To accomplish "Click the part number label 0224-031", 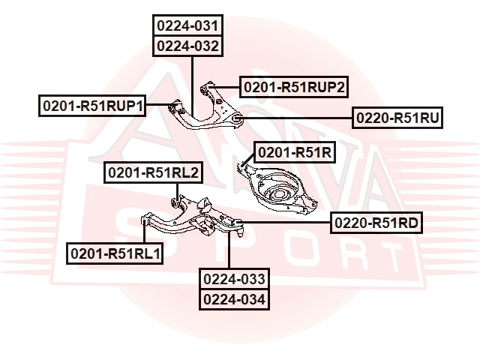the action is (188, 25).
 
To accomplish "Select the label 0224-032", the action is (188, 46).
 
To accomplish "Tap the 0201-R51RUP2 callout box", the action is (294, 87).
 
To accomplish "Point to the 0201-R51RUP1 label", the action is (92, 106).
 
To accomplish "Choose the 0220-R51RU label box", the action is (397, 118).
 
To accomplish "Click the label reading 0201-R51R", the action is (295, 152).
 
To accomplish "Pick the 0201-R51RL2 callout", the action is (153, 172).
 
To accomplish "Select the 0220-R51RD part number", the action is (376, 223).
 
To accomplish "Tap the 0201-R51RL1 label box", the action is (115, 253).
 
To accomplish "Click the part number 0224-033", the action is (234, 279).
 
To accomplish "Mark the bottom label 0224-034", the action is (234, 299).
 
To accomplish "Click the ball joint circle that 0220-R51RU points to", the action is (237, 118).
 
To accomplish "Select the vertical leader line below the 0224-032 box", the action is (193, 86).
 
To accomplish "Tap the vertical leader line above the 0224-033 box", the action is (229, 250).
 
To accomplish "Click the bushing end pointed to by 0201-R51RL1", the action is (144, 220).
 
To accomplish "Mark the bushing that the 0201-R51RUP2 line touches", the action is (204, 89).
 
